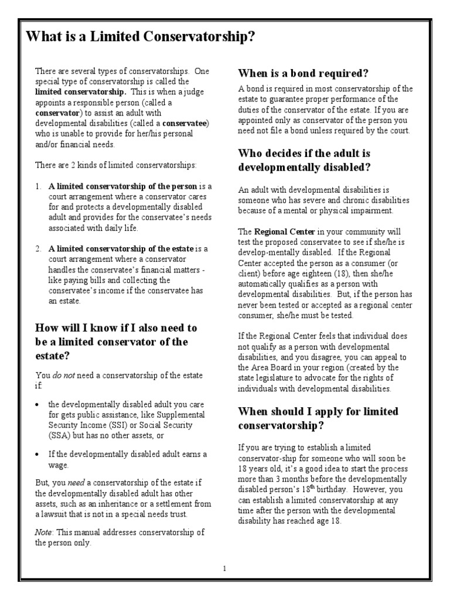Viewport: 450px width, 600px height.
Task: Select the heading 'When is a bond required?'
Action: [303, 73]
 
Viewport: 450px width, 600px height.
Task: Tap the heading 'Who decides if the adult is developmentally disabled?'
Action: [304, 160]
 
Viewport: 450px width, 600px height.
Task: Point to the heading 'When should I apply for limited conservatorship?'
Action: [318, 418]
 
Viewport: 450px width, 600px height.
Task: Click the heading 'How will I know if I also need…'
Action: [116, 341]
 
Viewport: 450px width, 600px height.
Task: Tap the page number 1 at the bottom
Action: [224, 568]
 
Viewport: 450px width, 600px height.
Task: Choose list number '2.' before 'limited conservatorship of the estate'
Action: [38, 249]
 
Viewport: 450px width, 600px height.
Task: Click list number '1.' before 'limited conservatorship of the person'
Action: [38, 186]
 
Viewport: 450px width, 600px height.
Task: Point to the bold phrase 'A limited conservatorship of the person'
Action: [123, 186]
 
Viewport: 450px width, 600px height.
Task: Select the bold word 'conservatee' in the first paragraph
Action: [185, 124]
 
